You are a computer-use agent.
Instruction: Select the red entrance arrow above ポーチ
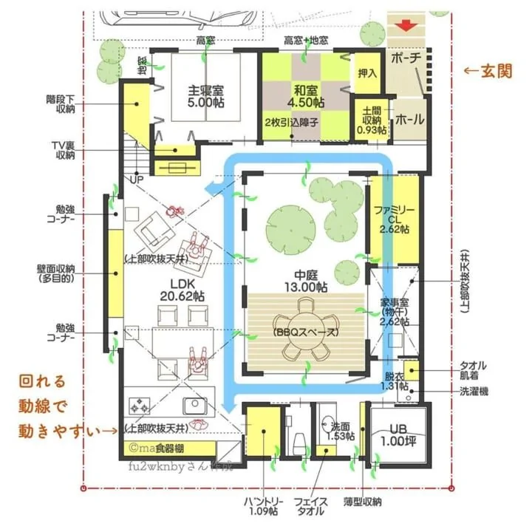(x=405, y=25)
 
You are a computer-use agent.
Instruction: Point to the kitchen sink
(x=194, y=405)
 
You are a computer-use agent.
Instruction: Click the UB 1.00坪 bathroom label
(x=398, y=435)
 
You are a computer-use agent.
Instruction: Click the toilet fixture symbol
(x=300, y=444)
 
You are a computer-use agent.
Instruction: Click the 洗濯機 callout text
(x=473, y=391)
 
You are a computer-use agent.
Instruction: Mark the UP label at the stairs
(x=137, y=179)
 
